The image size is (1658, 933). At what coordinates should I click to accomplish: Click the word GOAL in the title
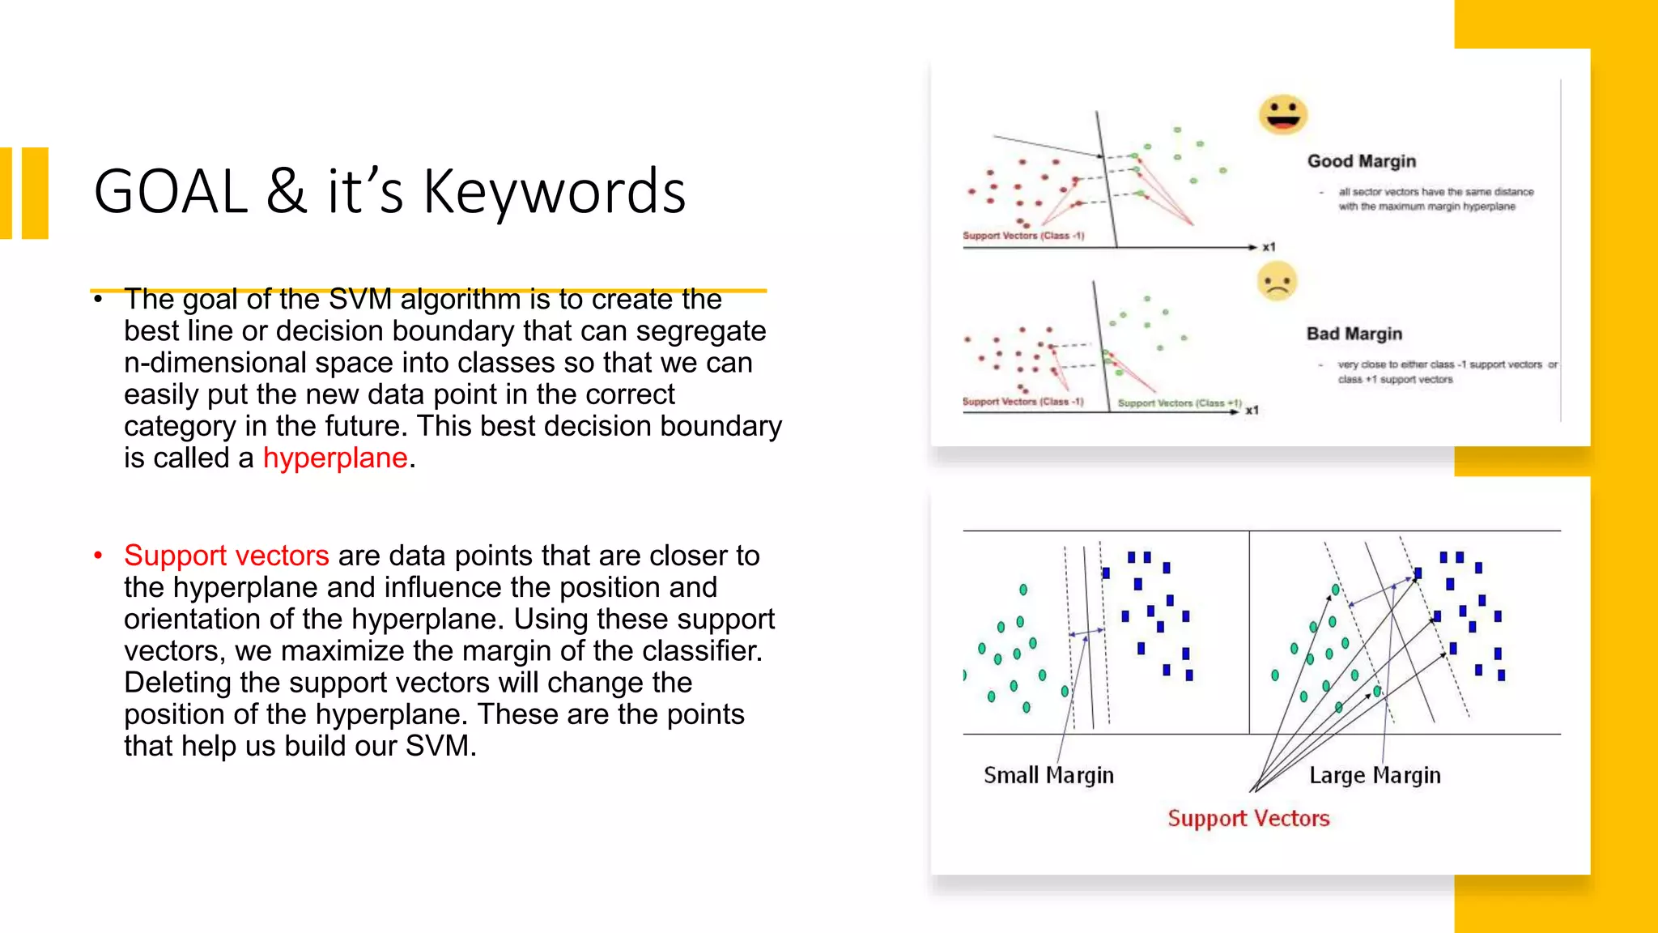[170, 193]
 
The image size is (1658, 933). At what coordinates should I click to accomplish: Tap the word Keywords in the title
[555, 193]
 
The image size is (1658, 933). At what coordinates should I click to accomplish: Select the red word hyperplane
[335, 458]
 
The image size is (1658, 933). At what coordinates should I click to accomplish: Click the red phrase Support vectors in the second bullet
[226, 556]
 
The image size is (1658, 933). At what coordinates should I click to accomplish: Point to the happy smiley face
[1282, 114]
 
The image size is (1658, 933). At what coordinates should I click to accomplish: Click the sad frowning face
[1277, 282]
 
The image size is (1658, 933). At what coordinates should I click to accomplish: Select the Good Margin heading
[1361, 161]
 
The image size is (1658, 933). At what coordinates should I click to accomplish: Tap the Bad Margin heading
[1354, 334]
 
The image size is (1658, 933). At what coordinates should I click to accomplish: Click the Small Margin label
[1048, 775]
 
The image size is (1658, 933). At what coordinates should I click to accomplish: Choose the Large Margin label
[1375, 775]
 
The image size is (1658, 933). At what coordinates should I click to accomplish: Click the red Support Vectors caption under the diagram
[1248, 818]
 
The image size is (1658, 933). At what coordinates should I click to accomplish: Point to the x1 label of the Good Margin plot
[1269, 247]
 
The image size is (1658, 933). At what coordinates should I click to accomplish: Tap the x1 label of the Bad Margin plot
[1252, 411]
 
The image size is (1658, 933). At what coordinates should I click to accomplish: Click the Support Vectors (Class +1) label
[1179, 403]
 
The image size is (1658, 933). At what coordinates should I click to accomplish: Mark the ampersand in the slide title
[287, 193]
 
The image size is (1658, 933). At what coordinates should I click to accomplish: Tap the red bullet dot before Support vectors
[98, 556]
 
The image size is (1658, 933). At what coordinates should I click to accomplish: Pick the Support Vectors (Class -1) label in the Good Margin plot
[1022, 236]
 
